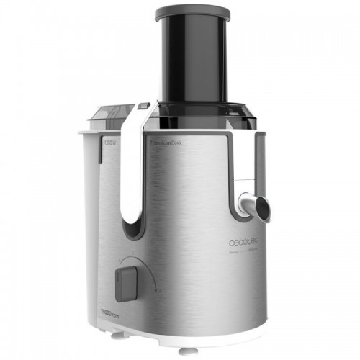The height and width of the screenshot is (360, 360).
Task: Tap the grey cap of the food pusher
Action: coord(193,12)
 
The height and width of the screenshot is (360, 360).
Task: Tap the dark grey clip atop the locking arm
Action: coord(142,106)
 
